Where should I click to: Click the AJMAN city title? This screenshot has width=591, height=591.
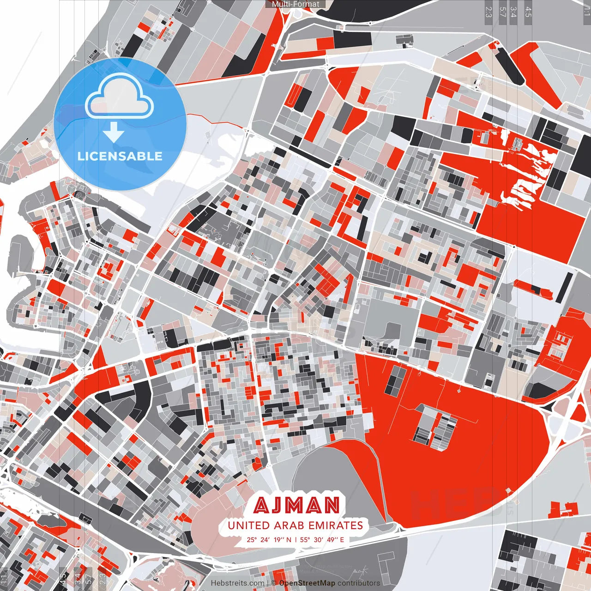point(296,506)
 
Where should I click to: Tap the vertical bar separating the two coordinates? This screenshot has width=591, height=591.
point(295,540)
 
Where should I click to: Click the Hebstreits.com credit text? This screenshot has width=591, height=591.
point(237,583)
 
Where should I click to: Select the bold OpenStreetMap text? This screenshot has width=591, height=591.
point(307,583)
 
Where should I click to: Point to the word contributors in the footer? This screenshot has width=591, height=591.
point(358,583)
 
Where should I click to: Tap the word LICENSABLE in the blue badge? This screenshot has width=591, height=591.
point(120,156)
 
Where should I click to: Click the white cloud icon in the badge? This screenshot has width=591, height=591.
point(120,97)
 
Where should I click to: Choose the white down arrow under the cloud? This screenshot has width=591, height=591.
point(113,132)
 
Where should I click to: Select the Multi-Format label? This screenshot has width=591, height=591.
point(295,4)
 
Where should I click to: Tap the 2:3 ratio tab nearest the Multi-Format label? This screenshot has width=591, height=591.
point(488,12)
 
